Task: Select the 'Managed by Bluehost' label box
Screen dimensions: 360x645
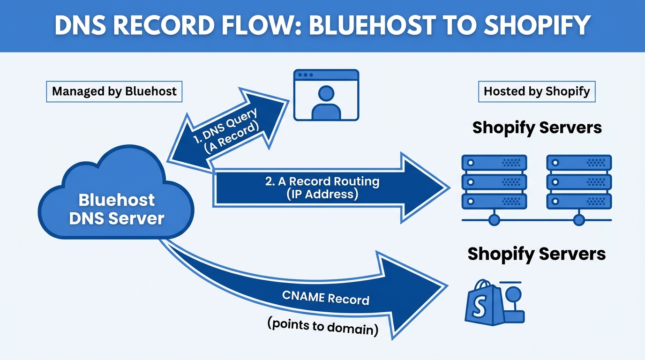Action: (x=114, y=91)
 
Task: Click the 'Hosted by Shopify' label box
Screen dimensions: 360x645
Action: (x=537, y=91)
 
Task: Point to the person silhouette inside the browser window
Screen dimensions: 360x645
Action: (x=326, y=103)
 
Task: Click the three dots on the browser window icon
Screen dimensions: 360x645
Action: (x=305, y=75)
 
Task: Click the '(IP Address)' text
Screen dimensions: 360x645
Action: (x=322, y=194)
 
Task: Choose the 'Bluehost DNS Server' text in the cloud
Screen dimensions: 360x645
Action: (x=116, y=209)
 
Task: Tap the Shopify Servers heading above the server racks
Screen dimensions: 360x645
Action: (x=537, y=127)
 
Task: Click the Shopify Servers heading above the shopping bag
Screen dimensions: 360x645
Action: (x=537, y=254)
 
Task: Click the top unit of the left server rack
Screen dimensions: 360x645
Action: (x=495, y=163)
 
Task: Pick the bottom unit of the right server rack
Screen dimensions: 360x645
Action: (x=579, y=201)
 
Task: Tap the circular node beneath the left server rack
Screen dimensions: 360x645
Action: (x=495, y=219)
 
